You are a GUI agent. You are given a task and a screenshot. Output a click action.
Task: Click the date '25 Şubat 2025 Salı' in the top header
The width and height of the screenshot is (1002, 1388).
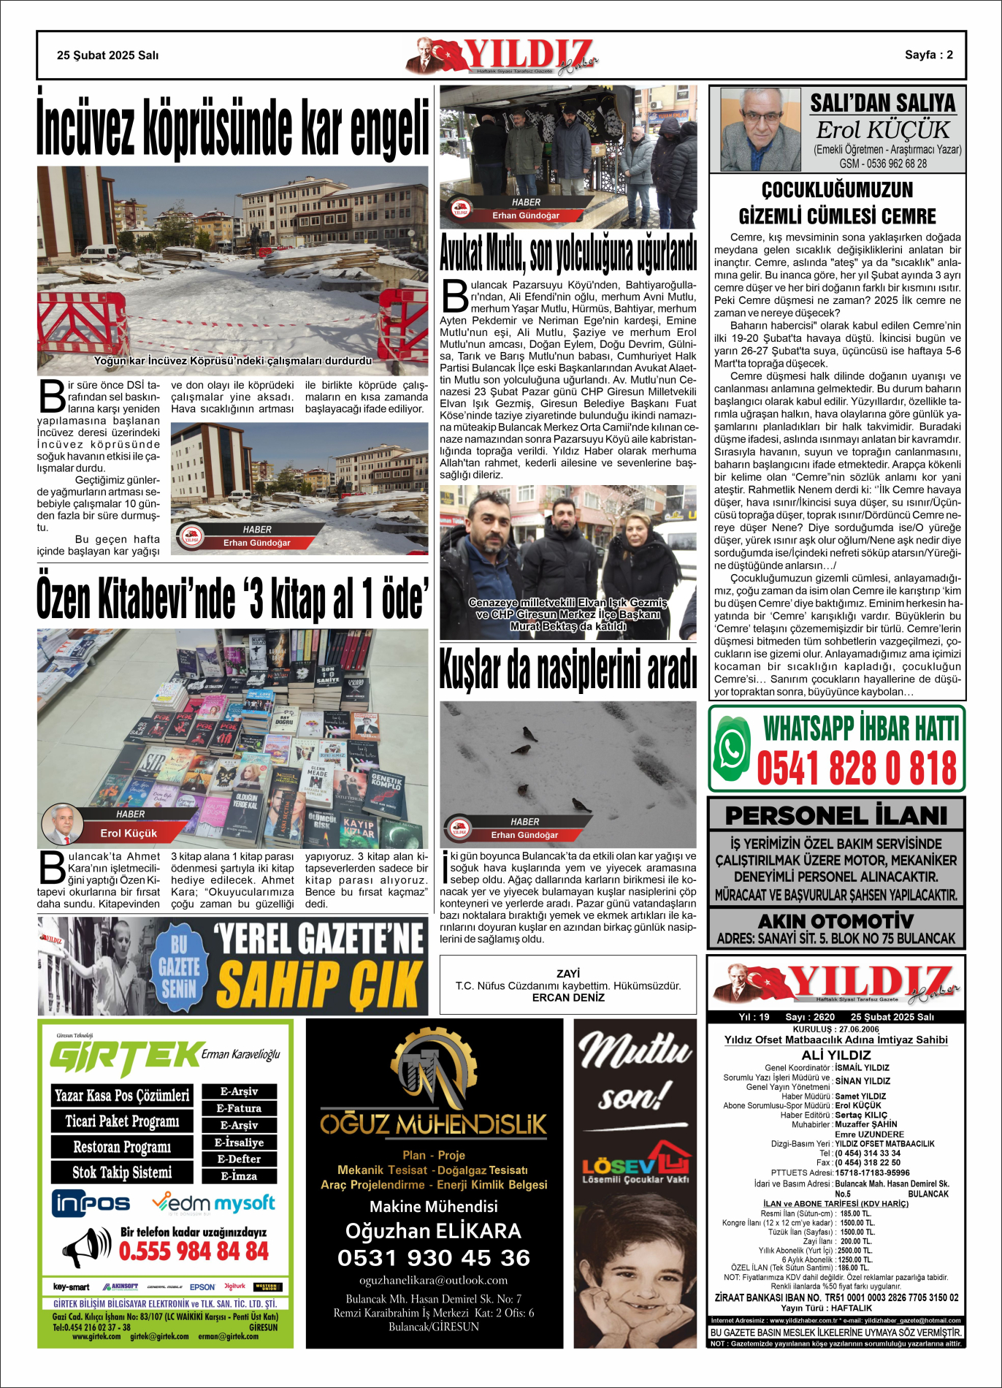107,56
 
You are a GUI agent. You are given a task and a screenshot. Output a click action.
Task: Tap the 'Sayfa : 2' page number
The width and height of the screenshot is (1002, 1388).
928,55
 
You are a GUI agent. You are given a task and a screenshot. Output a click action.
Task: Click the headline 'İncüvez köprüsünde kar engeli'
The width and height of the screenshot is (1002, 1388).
232,125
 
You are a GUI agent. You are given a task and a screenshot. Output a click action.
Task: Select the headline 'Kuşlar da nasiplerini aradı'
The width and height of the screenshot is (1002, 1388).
567,670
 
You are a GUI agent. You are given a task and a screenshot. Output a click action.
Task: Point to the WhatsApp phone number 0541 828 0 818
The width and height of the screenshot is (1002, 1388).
856,769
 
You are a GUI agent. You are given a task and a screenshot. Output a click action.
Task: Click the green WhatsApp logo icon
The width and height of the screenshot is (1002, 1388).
732,748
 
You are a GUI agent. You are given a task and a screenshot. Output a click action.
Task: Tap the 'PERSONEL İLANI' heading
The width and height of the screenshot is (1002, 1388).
835,815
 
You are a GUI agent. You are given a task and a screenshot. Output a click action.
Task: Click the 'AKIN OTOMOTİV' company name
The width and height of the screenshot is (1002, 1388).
835,920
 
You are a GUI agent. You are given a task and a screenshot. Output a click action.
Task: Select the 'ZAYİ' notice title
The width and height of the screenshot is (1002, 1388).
567,974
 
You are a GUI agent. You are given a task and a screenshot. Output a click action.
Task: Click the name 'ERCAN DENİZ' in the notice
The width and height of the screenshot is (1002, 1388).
567,998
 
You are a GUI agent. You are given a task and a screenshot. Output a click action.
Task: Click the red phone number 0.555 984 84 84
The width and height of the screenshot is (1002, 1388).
194,1251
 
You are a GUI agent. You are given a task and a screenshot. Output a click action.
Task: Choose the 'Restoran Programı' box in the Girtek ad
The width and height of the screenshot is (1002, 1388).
122,1147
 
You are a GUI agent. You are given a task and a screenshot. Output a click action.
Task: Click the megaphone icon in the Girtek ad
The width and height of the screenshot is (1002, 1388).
87,1247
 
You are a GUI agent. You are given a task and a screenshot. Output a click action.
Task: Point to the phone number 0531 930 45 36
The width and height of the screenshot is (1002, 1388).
434,1258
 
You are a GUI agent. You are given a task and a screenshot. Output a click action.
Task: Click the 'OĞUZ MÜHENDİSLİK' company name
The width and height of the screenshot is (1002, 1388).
434,1124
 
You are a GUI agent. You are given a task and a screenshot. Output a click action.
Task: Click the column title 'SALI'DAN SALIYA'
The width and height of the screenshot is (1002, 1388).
882,103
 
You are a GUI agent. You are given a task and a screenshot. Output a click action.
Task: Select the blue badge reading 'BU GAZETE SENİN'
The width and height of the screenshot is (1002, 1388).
179,966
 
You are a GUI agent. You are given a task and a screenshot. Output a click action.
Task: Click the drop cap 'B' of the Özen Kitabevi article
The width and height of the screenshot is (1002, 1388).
51,868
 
